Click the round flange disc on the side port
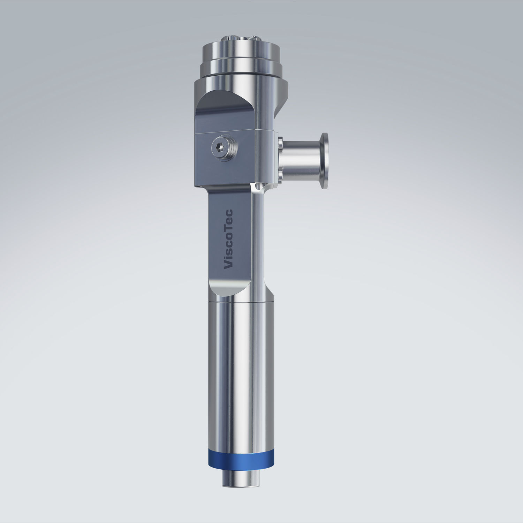(324, 161)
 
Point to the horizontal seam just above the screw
(227, 132)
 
